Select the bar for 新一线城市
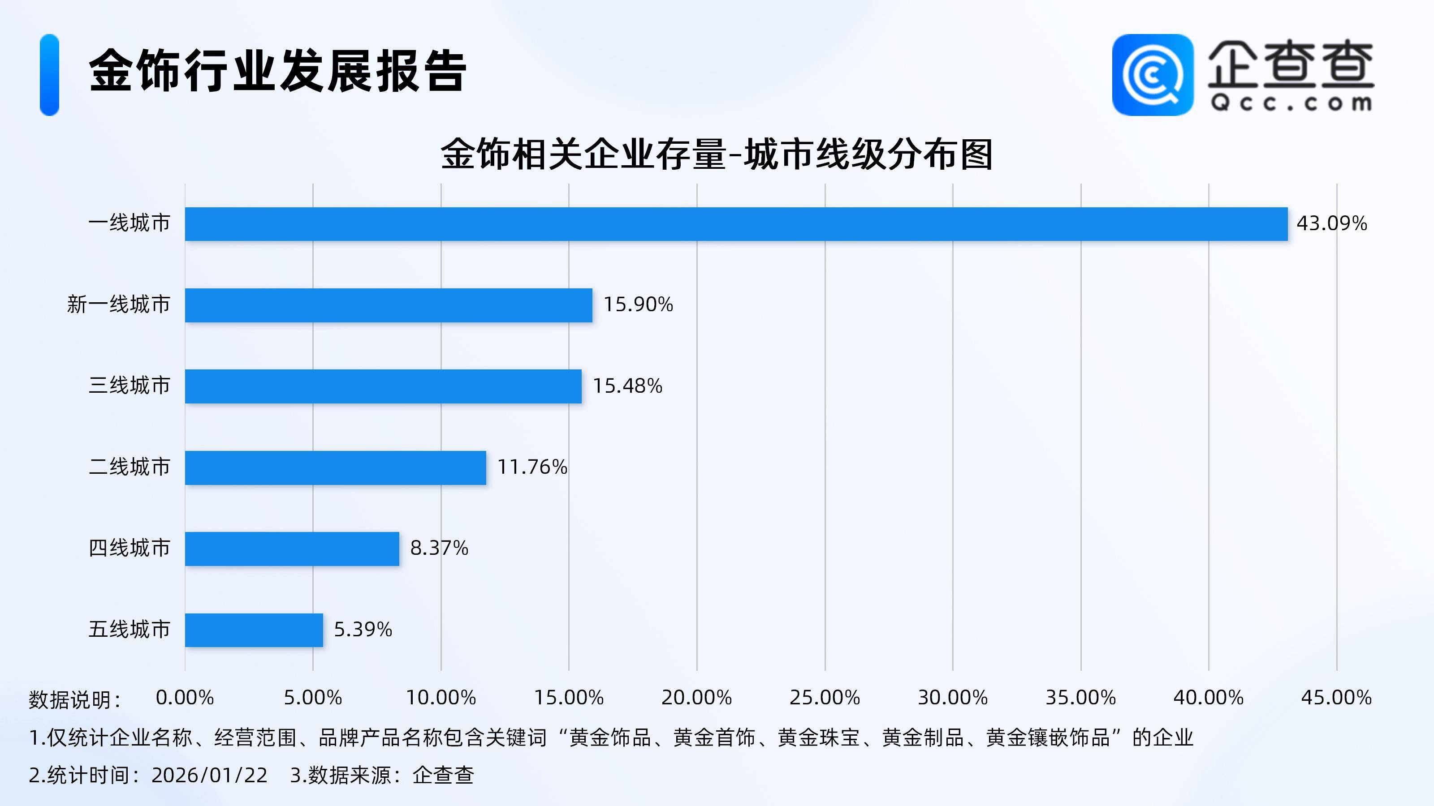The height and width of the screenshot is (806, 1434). point(389,305)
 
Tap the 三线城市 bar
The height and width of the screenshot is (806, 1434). point(383,386)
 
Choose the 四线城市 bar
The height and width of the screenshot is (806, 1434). point(292,549)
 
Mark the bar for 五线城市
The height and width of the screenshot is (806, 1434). point(254,630)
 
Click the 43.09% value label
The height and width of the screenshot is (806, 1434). point(1331,223)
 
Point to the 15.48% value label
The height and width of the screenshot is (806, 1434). point(627,386)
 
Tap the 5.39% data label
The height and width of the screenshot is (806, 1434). point(363,630)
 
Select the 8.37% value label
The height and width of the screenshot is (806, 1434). point(439,549)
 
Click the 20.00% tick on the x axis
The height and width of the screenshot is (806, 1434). point(696,698)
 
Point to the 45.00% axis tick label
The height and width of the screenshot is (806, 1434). point(1336,698)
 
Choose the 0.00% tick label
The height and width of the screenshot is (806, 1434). point(185,698)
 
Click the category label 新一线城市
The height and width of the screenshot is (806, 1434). point(119,305)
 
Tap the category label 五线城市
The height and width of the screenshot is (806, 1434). point(129,630)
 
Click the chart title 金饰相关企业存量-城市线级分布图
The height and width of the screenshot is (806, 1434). point(717,154)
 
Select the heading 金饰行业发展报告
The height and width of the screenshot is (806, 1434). point(277,71)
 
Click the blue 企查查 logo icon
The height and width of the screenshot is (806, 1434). point(1152,75)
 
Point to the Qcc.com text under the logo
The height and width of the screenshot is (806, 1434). point(1291,103)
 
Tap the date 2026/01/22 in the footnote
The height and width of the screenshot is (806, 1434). point(209,775)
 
